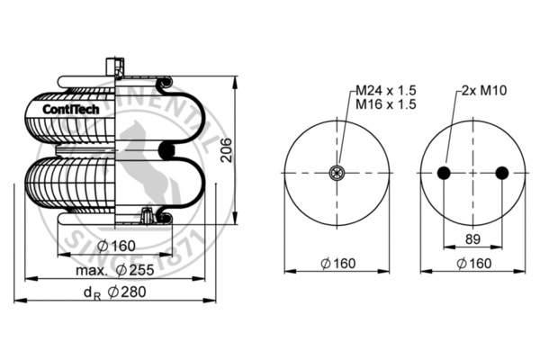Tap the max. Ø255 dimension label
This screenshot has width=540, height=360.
click(x=115, y=269)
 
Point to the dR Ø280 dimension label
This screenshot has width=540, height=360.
click(x=115, y=292)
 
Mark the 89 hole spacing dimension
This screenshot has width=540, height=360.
click(x=472, y=238)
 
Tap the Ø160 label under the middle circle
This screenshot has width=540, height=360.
click(x=338, y=263)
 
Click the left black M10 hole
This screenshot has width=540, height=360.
click(x=444, y=174)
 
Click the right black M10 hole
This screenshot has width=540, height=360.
click(x=501, y=174)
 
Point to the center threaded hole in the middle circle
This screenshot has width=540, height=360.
click(x=338, y=174)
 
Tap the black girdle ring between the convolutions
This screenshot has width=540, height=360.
click(x=164, y=149)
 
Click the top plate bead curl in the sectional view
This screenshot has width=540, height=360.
click(x=164, y=86)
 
